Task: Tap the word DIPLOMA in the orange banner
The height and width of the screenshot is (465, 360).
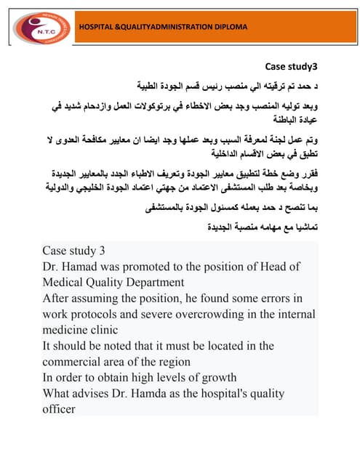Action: (x=225, y=27)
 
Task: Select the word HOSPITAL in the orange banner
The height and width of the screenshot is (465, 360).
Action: (x=97, y=27)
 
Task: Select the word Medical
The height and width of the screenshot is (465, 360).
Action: (x=64, y=282)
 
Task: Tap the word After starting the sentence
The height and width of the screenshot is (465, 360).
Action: (x=58, y=298)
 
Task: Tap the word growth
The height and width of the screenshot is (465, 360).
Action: (x=217, y=377)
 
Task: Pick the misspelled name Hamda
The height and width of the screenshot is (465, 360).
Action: (x=164, y=393)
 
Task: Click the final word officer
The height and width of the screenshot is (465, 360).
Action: (x=60, y=409)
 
